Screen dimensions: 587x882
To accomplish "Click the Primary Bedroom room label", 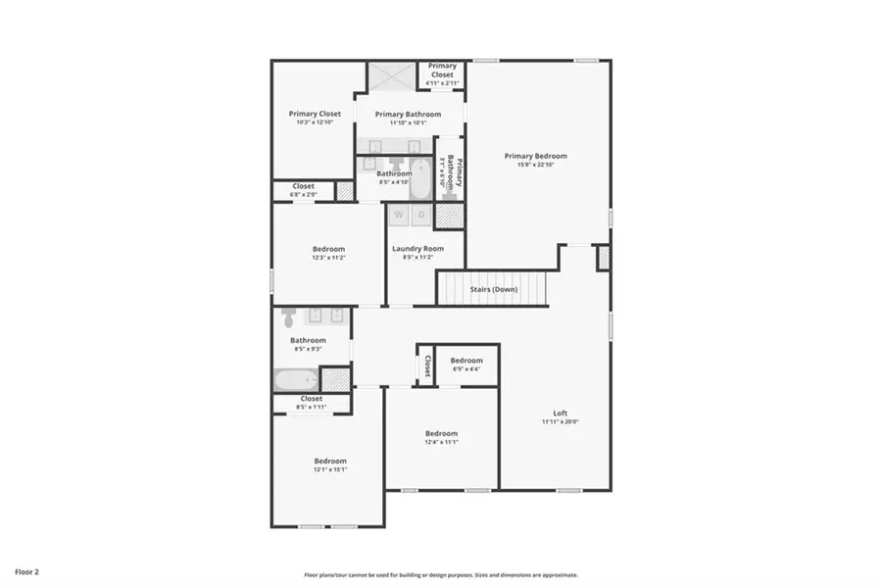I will (x=535, y=156).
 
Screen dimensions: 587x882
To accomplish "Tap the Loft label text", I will (x=561, y=413).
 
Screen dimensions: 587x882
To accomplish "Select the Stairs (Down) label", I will (x=492, y=289).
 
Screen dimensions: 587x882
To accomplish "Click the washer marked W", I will (x=400, y=214).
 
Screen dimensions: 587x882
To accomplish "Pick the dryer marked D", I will (x=421, y=214).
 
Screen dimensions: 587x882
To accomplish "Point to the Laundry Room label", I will (x=417, y=249).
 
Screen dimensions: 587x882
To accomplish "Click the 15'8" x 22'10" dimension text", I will (x=535, y=165).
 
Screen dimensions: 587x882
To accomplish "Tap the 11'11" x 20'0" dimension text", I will (x=561, y=422).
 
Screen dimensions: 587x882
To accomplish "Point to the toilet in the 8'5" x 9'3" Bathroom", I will (x=288, y=318).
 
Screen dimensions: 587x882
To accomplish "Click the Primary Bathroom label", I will (x=408, y=114).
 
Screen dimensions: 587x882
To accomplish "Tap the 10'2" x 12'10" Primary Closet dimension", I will (x=315, y=122).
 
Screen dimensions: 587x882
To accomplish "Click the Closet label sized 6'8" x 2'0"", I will (x=303, y=186).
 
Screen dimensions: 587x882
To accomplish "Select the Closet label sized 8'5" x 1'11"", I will (x=311, y=399).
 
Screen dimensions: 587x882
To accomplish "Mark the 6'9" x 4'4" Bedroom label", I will (x=466, y=360).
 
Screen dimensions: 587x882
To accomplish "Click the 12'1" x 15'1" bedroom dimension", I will (x=330, y=469).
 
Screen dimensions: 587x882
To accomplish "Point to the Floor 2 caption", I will (x=26, y=570).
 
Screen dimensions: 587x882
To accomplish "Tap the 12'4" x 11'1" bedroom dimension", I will (x=441, y=442).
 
